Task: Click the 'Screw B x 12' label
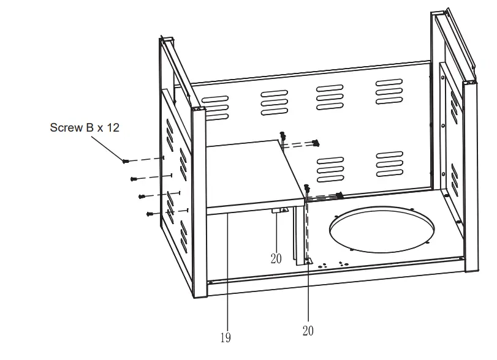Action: pos(84,128)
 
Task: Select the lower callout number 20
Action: pos(308,331)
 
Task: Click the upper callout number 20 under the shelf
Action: pos(276,258)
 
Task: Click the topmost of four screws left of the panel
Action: pos(126,160)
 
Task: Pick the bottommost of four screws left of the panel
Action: pos(149,214)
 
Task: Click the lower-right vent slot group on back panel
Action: pos(389,163)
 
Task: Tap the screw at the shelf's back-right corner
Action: pos(283,135)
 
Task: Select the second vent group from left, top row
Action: pos(274,102)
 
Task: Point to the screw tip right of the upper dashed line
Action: pos(316,143)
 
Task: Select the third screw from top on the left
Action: pos(142,197)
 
